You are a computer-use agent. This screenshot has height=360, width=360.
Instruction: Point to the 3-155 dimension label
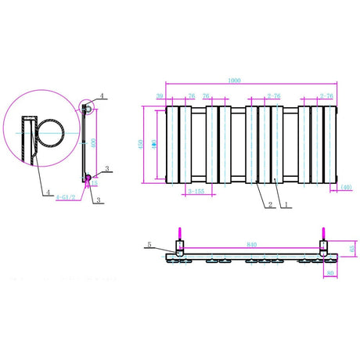tap(198, 191)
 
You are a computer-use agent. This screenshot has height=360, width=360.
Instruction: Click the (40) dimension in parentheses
tap(346, 188)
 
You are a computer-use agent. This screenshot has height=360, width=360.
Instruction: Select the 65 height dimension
tap(351, 249)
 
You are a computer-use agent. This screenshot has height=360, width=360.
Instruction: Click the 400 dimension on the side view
tap(93, 143)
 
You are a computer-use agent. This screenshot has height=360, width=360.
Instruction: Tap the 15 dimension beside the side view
tap(95, 185)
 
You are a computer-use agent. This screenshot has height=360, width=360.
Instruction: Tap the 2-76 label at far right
tap(327, 95)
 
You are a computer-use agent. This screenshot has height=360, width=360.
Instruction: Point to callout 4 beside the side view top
tap(103, 96)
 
